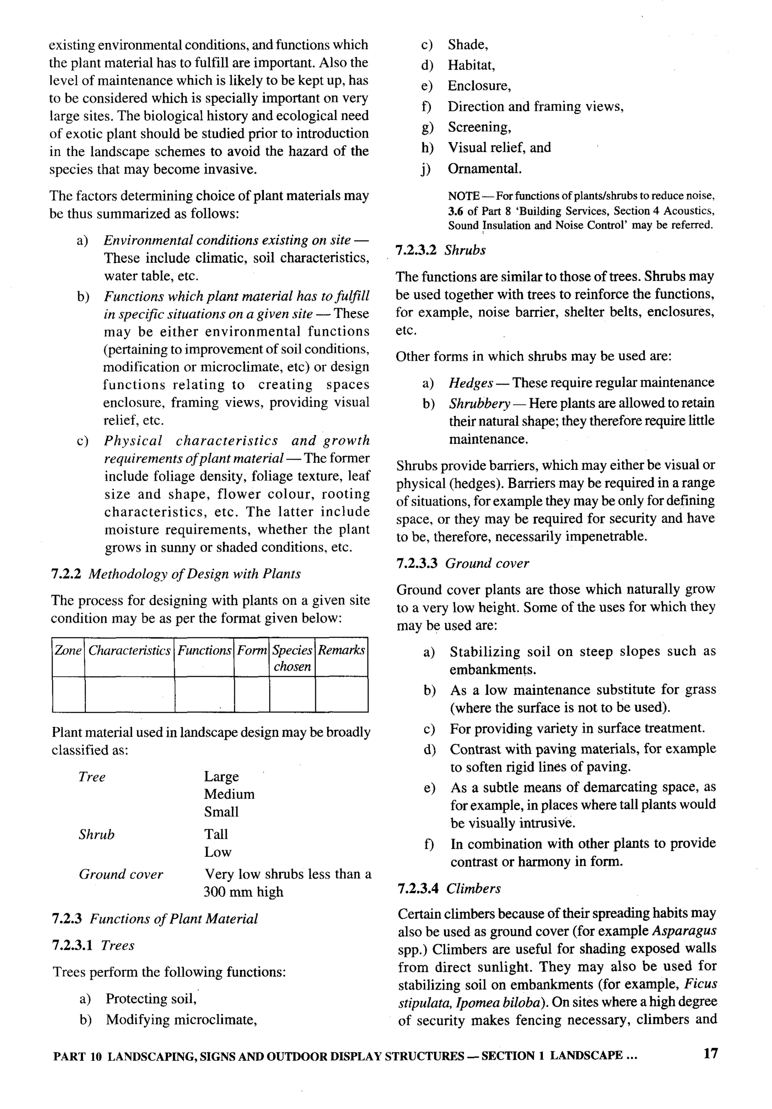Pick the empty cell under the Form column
251,694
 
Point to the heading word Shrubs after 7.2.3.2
465,250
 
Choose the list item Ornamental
484,169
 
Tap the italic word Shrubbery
479,403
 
